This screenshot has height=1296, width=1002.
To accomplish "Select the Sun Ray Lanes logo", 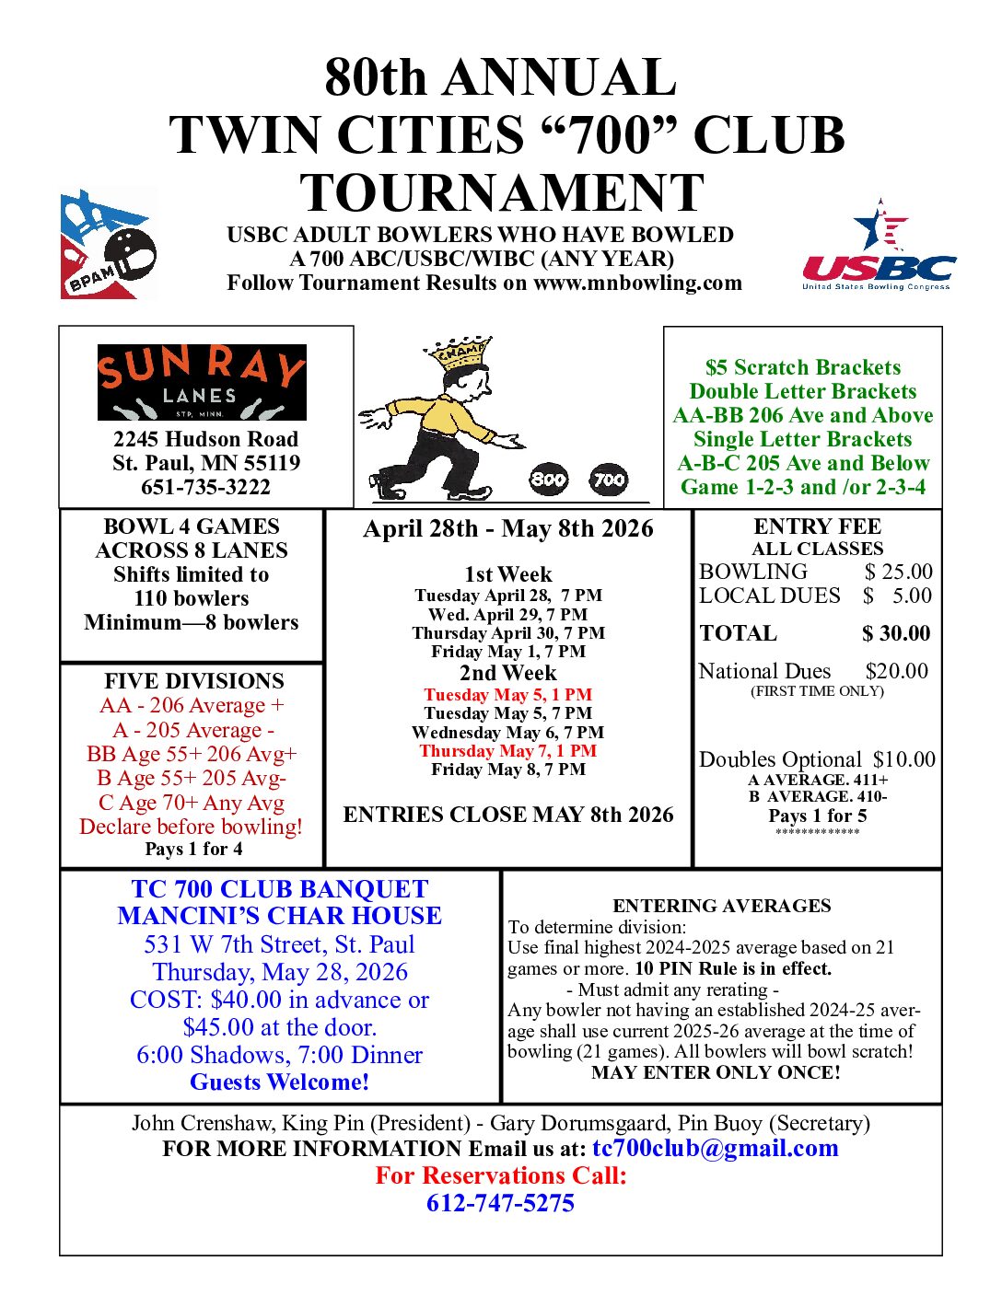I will click(x=202, y=382).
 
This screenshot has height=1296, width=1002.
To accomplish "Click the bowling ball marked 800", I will click(x=549, y=479).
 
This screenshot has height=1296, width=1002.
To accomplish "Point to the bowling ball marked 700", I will click(x=609, y=479).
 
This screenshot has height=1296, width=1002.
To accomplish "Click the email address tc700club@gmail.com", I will click(x=715, y=1148).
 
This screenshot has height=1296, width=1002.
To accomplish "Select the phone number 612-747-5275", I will click(x=500, y=1203).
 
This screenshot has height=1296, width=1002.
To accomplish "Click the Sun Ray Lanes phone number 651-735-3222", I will click(x=205, y=487).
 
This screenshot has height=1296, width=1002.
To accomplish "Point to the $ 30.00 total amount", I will click(x=895, y=633).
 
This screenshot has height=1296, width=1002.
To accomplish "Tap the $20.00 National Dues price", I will click(x=896, y=671).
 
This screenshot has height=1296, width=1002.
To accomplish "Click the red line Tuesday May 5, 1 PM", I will click(x=507, y=695).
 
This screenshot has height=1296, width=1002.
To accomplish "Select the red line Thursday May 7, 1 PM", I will click(x=507, y=751).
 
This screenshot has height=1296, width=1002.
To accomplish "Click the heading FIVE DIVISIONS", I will click(x=193, y=681).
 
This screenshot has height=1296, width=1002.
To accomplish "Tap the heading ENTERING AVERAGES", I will click(x=721, y=906).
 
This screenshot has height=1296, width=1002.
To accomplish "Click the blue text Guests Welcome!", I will click(x=279, y=1082).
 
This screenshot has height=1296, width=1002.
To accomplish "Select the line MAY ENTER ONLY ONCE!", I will click(x=716, y=1072).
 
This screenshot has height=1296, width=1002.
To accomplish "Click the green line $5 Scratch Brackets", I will click(x=802, y=367).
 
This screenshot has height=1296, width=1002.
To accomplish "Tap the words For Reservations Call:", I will click(x=500, y=1175).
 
